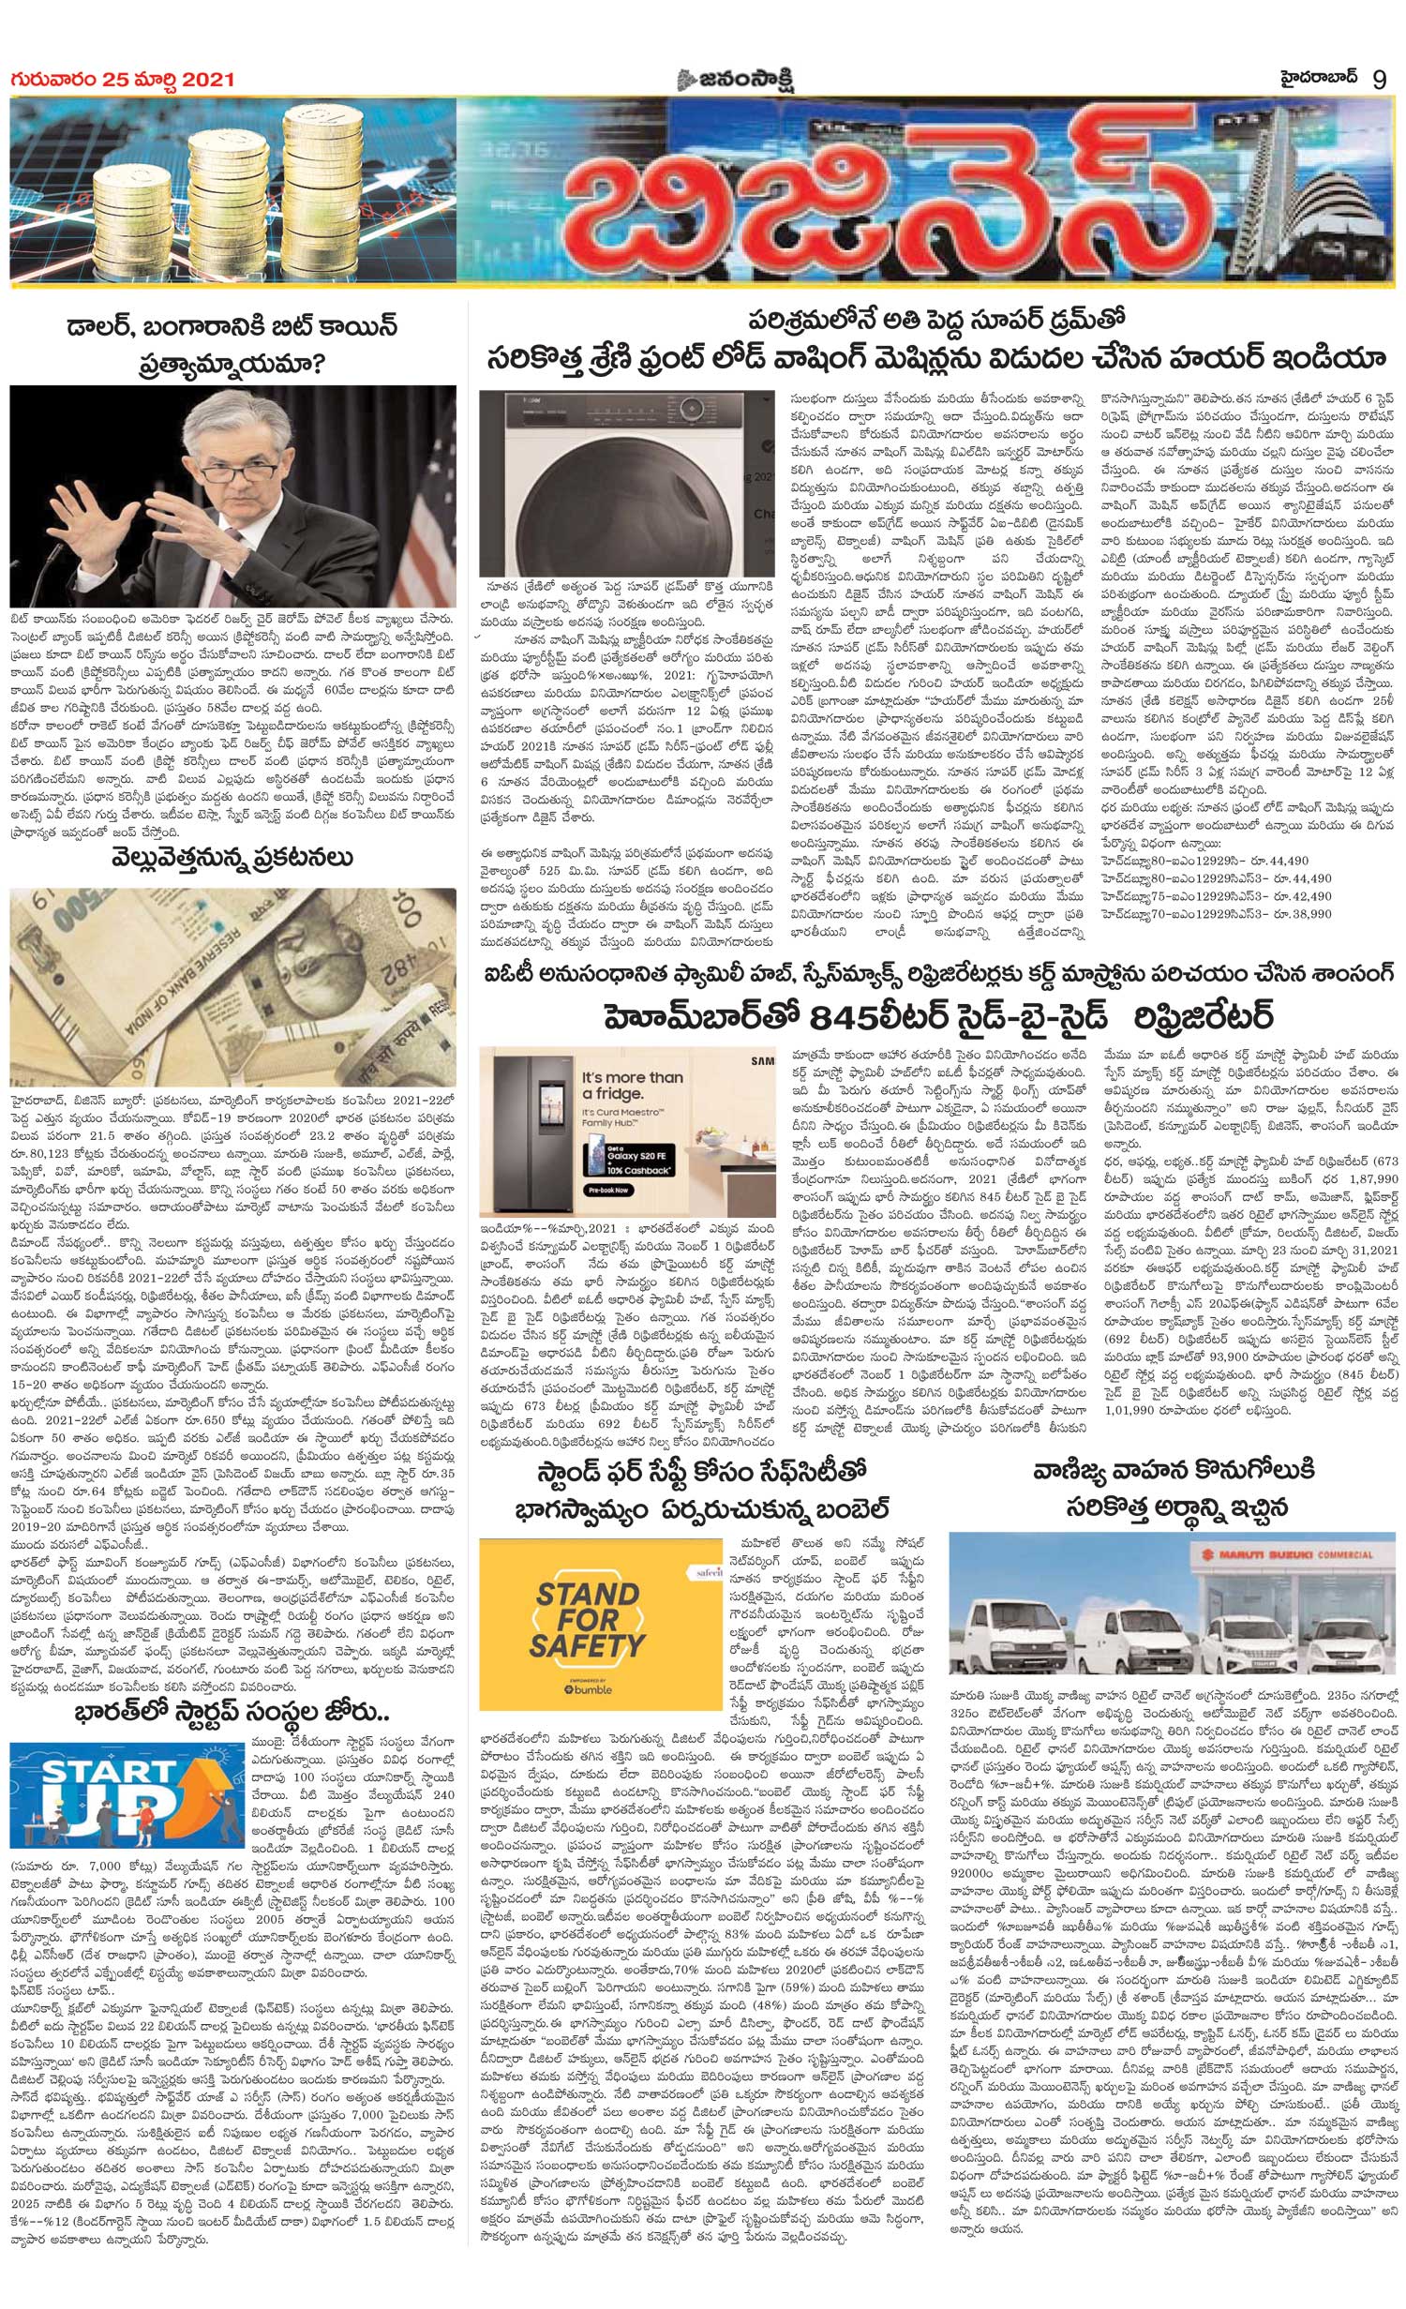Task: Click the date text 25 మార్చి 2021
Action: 159,81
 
